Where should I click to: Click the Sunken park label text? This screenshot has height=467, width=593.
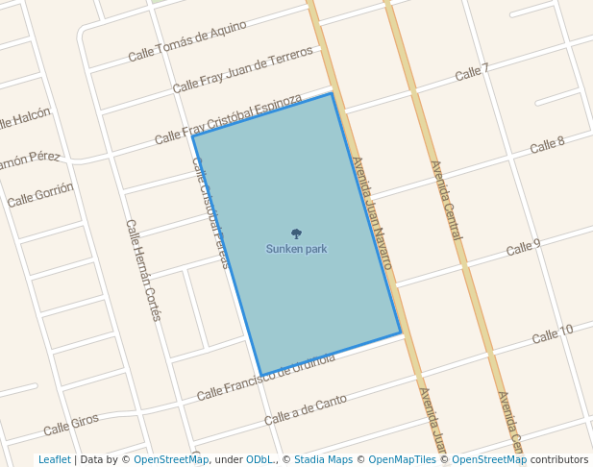coord(296,249)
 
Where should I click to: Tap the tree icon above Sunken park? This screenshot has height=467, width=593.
coord(296,233)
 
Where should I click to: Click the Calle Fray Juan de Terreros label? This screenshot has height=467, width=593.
coord(242,69)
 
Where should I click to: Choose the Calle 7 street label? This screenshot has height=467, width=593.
coord(472,72)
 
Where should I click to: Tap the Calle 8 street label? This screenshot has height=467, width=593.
coord(547,145)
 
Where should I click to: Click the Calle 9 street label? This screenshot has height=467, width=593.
coord(523,248)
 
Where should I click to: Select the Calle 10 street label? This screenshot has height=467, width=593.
coord(552,334)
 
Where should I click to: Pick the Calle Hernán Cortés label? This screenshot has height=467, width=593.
coord(142,269)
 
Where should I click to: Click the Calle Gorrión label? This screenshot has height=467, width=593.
coord(39,196)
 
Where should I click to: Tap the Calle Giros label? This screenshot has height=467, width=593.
coord(71,423)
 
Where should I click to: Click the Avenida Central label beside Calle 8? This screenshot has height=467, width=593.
coord(447,200)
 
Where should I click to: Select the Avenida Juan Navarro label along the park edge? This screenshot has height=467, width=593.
coord(371,212)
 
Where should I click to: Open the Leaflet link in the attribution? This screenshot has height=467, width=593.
coord(54,459)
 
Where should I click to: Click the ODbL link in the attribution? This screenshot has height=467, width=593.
coord(259,459)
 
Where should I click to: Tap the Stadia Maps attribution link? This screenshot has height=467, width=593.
coord(323,459)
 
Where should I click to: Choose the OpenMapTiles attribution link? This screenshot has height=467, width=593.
coord(402,459)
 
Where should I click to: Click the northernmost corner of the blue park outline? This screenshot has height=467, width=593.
coord(333,93)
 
